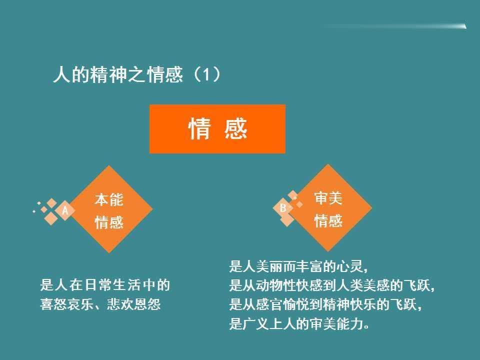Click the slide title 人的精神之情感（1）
(137, 74)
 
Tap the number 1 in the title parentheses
(206, 74)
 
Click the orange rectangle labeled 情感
(217, 129)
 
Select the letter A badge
(65, 210)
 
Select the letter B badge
(283, 208)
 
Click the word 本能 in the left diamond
(109, 199)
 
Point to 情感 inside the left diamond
(109, 222)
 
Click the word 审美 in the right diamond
(328, 198)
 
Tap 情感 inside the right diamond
(328, 220)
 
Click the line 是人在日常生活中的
(105, 285)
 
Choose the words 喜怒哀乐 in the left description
(66, 304)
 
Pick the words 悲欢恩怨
(134, 304)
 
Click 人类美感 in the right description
(363, 285)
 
